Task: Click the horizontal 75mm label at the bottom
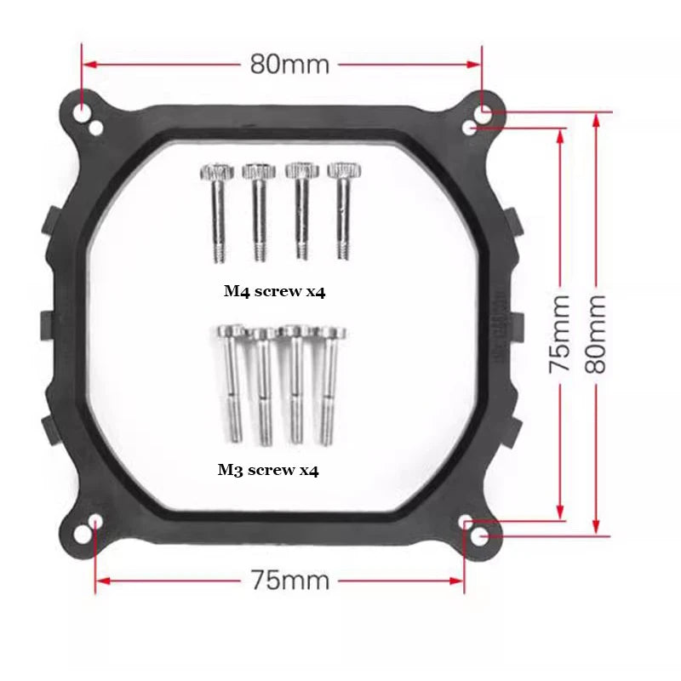289,581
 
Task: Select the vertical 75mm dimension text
560,334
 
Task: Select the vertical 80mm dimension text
596,334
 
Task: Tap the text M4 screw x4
275,291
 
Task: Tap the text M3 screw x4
268,469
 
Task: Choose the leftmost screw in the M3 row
232,383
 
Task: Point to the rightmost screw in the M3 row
328,383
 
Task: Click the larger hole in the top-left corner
82,112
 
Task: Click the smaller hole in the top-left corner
97,128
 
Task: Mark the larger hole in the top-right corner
486,112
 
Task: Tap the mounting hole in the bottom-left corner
96,521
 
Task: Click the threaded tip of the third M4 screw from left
300,249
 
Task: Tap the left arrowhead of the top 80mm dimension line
89,64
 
